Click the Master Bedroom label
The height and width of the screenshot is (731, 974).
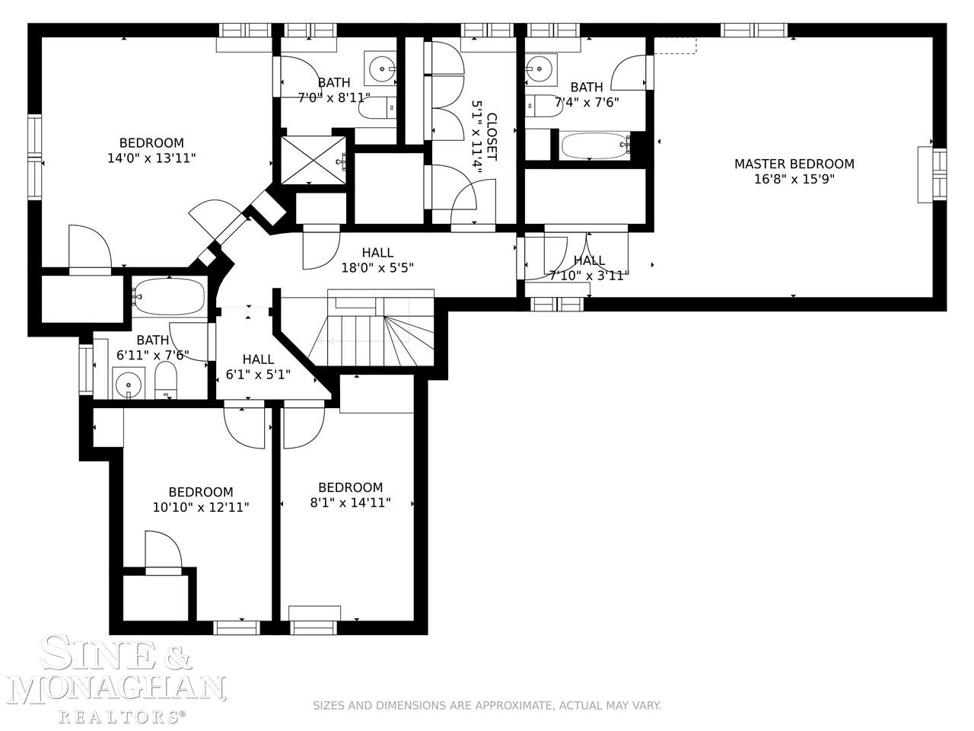(794, 164)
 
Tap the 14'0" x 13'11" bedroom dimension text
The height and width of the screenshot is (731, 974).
(151, 158)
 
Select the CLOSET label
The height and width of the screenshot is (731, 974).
(492, 137)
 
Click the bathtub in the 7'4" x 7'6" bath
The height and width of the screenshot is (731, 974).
(594, 145)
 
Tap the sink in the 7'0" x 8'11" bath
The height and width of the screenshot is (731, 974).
(380, 69)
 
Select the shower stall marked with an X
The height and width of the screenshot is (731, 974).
(314, 160)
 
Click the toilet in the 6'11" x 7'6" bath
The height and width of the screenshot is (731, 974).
(166, 381)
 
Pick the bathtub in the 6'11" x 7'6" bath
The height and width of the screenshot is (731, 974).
(170, 296)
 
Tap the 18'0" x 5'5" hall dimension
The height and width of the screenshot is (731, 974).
(377, 268)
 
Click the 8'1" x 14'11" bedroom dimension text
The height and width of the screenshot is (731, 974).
(350, 503)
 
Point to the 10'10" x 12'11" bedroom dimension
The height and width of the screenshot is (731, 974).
(201, 507)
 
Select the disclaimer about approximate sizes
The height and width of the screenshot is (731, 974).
(487, 706)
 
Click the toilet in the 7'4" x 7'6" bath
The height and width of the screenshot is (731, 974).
(544, 106)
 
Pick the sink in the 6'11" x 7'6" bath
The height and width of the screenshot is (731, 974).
(129, 382)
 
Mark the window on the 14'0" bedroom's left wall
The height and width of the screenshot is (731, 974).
(34, 156)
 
